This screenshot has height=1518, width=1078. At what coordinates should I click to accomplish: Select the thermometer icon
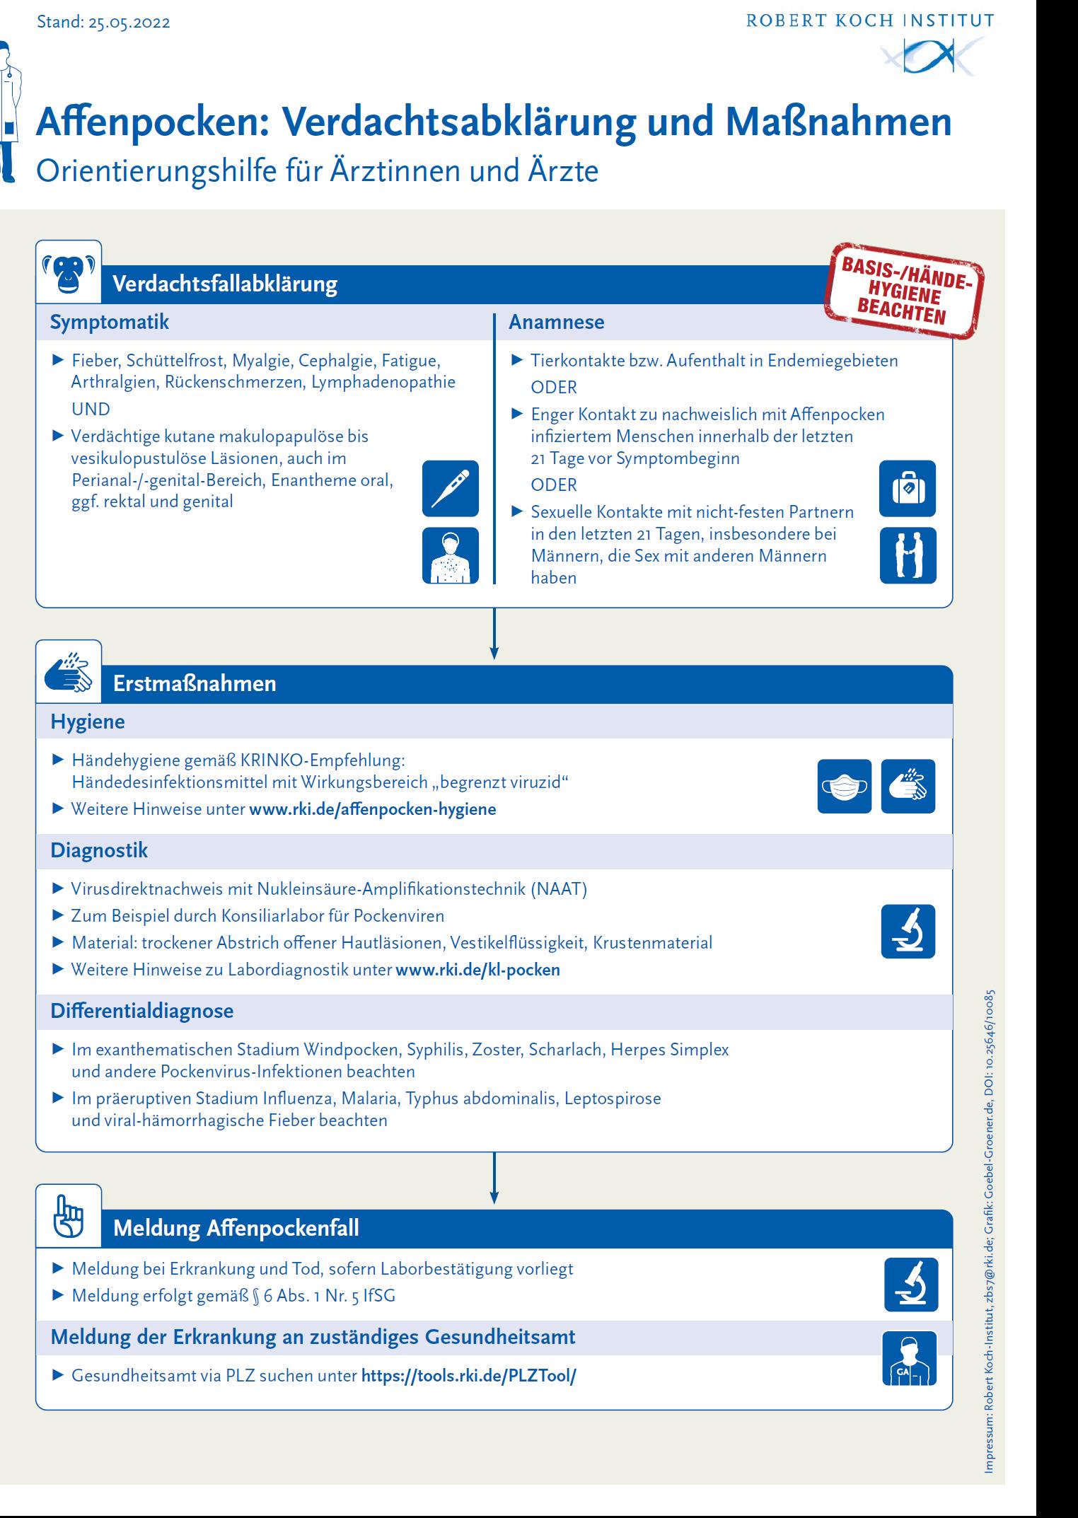tap(451, 488)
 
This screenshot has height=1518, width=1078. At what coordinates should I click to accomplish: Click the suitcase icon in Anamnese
tap(908, 488)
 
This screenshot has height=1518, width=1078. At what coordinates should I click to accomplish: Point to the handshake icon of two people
tap(908, 555)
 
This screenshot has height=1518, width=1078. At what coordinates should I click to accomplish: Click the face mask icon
tap(845, 786)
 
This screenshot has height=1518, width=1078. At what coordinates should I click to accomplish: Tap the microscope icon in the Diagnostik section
tap(908, 931)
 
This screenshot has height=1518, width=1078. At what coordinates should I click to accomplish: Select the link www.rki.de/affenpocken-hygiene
tap(372, 809)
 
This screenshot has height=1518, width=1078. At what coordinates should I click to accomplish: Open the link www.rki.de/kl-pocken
tap(477, 970)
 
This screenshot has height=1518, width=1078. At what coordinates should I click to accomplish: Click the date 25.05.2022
tap(129, 23)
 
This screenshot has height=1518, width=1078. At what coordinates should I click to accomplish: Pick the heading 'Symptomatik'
tap(110, 323)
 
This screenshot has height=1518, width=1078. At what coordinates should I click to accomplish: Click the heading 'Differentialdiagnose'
tap(141, 1011)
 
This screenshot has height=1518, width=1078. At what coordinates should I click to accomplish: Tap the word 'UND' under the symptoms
tap(91, 409)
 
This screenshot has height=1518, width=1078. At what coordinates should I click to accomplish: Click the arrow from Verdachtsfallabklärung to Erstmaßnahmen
tap(494, 633)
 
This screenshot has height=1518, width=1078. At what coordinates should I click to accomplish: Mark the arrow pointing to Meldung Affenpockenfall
tap(494, 1178)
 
